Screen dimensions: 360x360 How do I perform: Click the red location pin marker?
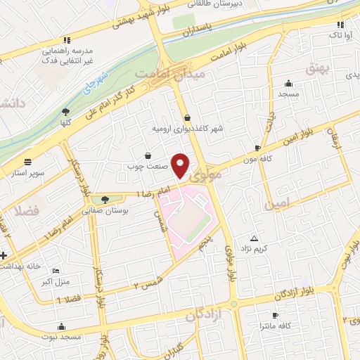181,165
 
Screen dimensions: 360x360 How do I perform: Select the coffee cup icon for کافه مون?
257,148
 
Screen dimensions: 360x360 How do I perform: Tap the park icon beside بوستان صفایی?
105,200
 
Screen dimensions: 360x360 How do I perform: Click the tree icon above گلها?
66,111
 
